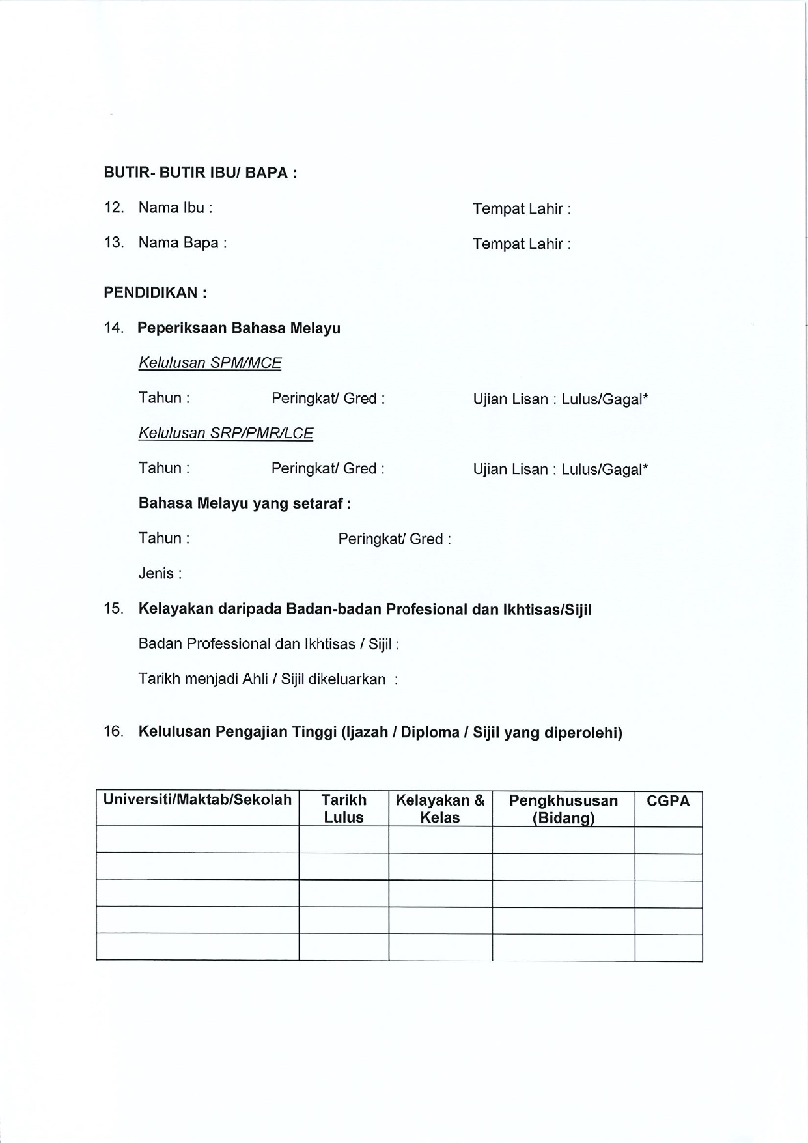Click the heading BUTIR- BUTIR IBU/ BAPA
point(201,173)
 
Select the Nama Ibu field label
point(175,208)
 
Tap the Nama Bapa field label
point(182,243)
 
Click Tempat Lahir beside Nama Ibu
point(522,209)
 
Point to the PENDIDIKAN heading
point(155,292)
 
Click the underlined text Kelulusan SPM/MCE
point(210,363)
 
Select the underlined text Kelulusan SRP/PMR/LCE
point(225,433)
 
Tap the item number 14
point(113,328)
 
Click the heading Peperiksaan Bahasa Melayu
point(239,328)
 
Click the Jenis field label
point(160,573)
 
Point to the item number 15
point(113,609)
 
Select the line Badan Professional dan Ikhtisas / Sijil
point(268,644)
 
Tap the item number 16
point(113,731)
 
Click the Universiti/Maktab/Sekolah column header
point(197,800)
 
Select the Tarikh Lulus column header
point(344,809)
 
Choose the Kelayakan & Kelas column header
point(440,809)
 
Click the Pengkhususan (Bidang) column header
point(563,809)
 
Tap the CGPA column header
point(668,801)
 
